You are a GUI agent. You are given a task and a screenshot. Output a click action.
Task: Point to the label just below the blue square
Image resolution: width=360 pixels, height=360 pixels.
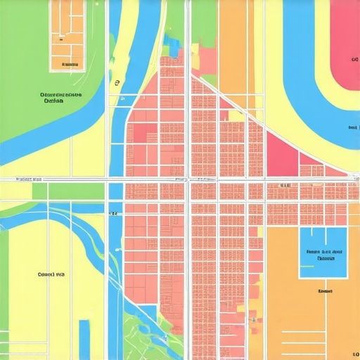325,290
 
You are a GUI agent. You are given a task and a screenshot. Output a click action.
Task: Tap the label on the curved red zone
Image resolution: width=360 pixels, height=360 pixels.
353,60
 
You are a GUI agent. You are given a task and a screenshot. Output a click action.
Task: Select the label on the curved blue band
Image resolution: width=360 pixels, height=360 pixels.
352,127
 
